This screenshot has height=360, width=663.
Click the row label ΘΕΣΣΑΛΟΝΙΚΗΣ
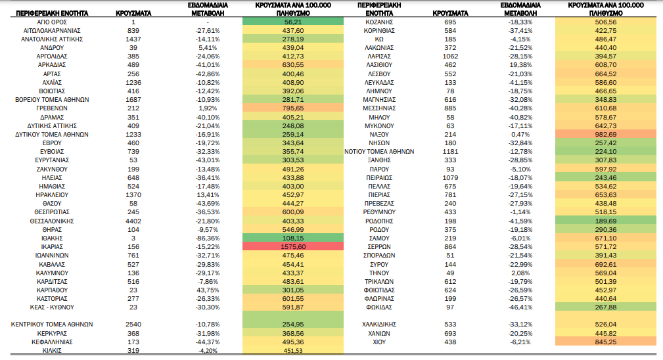pos(52,221)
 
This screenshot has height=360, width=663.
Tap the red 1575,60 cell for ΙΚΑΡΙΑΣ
pos(293,247)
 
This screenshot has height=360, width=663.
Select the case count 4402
pos(133,221)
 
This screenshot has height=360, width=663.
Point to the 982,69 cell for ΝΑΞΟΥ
pos(605,135)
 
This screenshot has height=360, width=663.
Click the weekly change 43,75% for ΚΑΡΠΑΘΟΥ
pos(208,290)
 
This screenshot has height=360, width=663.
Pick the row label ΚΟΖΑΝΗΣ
pos(379,22)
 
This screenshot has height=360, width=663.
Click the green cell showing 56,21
pos(293,22)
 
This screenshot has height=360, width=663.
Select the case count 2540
pos(133,325)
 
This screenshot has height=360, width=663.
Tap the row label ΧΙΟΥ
pos(379,342)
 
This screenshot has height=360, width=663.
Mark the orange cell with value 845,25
pos(605,342)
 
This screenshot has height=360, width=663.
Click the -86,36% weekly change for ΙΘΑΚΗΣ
pos(208,238)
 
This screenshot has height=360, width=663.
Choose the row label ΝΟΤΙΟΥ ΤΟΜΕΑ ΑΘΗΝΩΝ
pos(379,152)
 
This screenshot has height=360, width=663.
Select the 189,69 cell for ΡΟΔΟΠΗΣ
pos(605,221)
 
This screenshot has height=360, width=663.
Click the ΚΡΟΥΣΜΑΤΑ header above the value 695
pos(450,13)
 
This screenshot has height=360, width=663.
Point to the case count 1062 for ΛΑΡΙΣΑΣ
pos(450,56)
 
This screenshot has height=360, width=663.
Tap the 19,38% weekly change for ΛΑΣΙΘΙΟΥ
pos(520,65)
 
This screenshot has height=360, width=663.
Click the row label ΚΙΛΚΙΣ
pos(52,351)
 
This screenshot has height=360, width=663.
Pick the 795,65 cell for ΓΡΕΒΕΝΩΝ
pos(293,108)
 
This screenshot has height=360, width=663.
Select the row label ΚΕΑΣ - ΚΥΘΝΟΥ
pos(52,307)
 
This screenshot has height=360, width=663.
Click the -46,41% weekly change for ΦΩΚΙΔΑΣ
pos(520,307)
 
